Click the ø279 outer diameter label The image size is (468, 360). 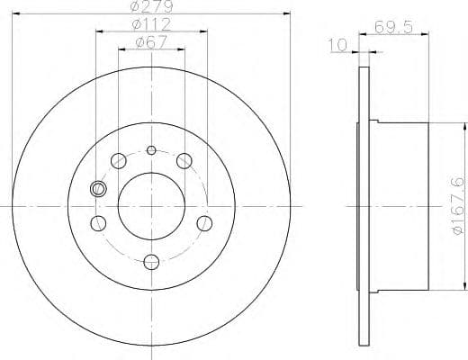(150, 7)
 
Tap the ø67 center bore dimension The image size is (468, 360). (150, 40)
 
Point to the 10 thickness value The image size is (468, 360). (337, 44)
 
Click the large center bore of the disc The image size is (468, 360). (151, 205)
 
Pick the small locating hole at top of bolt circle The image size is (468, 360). (151, 149)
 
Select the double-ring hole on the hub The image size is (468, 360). (99, 189)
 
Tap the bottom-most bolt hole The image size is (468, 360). (151, 262)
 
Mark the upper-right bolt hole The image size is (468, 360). (184, 160)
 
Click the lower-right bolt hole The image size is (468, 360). (204, 222)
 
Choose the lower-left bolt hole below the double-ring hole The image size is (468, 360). (99, 222)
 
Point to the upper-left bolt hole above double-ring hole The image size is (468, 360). (118, 160)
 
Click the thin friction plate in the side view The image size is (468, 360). (364, 205)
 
